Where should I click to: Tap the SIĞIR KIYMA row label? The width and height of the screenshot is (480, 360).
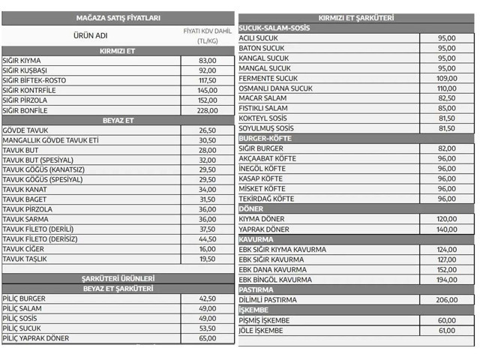click(x=22, y=61)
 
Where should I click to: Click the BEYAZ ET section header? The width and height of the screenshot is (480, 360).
click(x=117, y=120)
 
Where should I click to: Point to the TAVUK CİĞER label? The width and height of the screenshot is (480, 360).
click(x=24, y=249)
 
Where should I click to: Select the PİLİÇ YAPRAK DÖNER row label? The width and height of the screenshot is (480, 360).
click(x=36, y=338)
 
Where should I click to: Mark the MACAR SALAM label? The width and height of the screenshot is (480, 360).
click(x=262, y=98)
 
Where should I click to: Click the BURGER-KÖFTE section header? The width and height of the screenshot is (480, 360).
click(x=265, y=139)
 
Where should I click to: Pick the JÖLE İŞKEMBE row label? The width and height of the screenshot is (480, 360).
click(x=261, y=330)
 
